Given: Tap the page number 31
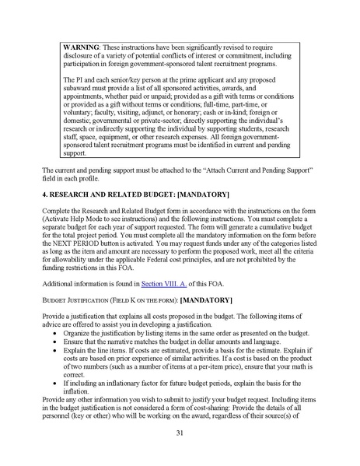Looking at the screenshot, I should tap(180, 433).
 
